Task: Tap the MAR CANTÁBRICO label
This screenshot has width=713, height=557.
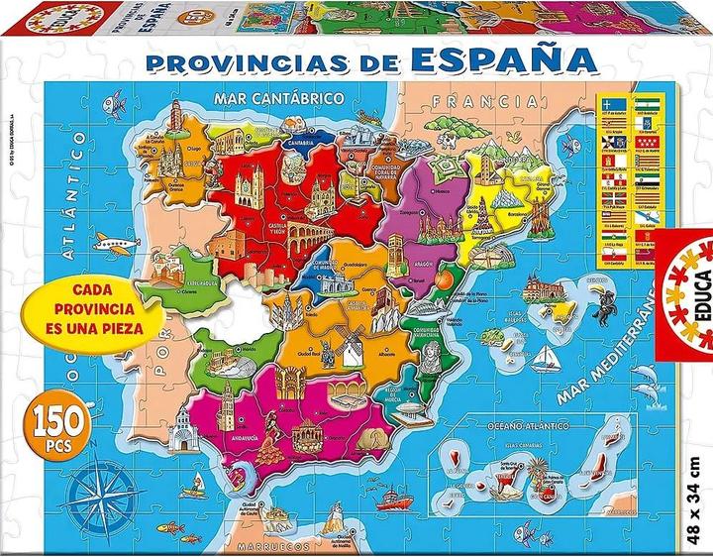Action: [x=278, y=99]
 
